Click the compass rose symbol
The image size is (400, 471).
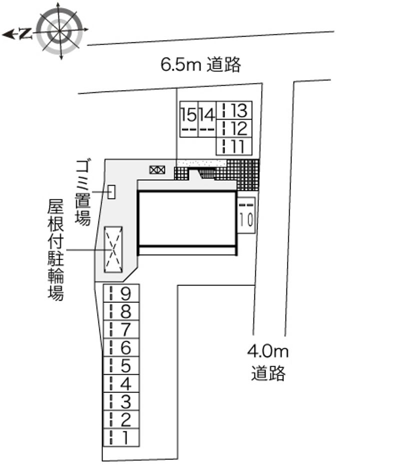pyautogui.click(x=60, y=31)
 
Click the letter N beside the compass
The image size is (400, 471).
pyautogui.click(x=26, y=34)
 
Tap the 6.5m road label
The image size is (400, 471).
pyautogui.click(x=201, y=64)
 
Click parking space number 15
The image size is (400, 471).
pyautogui.click(x=189, y=119)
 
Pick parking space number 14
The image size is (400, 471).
pyautogui.click(x=207, y=119)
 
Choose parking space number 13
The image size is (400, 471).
pyautogui.click(x=234, y=110)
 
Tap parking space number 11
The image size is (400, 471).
pyautogui.click(x=234, y=146)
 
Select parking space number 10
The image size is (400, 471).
pyautogui.click(x=246, y=215)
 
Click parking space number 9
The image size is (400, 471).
pyautogui.click(x=121, y=293)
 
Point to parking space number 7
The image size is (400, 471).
pyautogui.click(x=121, y=329)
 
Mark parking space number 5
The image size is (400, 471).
pyautogui.click(x=121, y=365)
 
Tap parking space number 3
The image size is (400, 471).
pyautogui.click(x=121, y=401)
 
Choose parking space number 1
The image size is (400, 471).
pyautogui.click(x=121, y=437)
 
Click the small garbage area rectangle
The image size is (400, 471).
pyautogui.click(x=111, y=192)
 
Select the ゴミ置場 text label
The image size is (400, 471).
pyautogui.click(x=83, y=192)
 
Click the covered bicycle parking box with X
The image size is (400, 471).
pyautogui.click(x=113, y=250)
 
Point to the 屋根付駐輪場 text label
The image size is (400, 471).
pyautogui.click(x=56, y=250)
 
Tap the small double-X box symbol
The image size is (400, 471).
pyautogui.click(x=157, y=170)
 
